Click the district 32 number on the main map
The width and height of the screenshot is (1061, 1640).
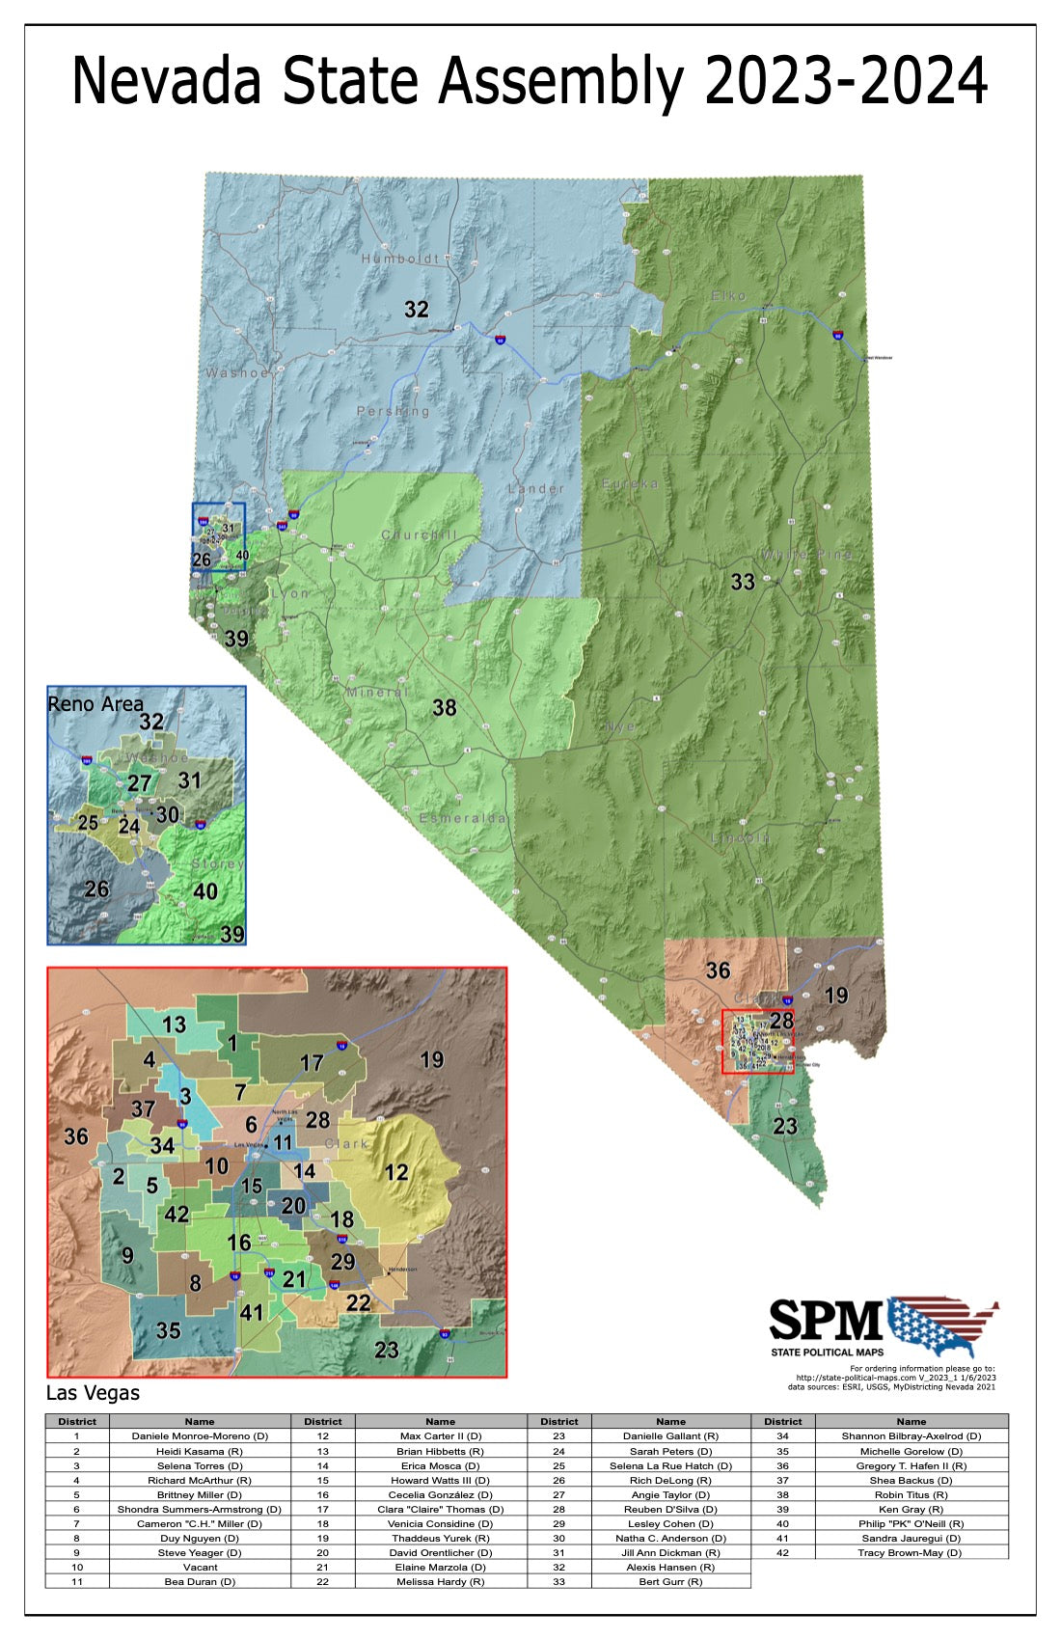(416, 310)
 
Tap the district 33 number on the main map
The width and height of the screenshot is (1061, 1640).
(743, 582)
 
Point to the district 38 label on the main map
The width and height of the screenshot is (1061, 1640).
(444, 708)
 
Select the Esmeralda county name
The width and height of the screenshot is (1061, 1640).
(463, 818)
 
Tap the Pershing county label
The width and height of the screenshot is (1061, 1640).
(394, 411)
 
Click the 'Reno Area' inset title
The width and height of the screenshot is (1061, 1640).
(95, 704)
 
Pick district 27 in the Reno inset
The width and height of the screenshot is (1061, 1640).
(140, 783)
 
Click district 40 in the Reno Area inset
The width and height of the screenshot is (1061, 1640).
(204, 890)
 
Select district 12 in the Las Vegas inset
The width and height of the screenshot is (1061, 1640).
(396, 1172)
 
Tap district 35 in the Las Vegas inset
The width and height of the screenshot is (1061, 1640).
(169, 1331)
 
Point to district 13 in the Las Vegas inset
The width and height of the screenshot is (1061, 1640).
(174, 1025)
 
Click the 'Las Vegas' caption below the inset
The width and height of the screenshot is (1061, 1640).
(93, 1393)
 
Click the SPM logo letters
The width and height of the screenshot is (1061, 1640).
(826, 1320)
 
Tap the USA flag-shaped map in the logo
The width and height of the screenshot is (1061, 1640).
(943, 1325)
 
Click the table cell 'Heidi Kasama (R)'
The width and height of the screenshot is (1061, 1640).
(200, 1451)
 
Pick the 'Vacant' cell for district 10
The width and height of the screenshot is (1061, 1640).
(200, 1568)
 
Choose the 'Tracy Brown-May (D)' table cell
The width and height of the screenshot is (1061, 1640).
(911, 1553)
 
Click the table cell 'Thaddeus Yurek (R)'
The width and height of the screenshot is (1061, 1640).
(440, 1539)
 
